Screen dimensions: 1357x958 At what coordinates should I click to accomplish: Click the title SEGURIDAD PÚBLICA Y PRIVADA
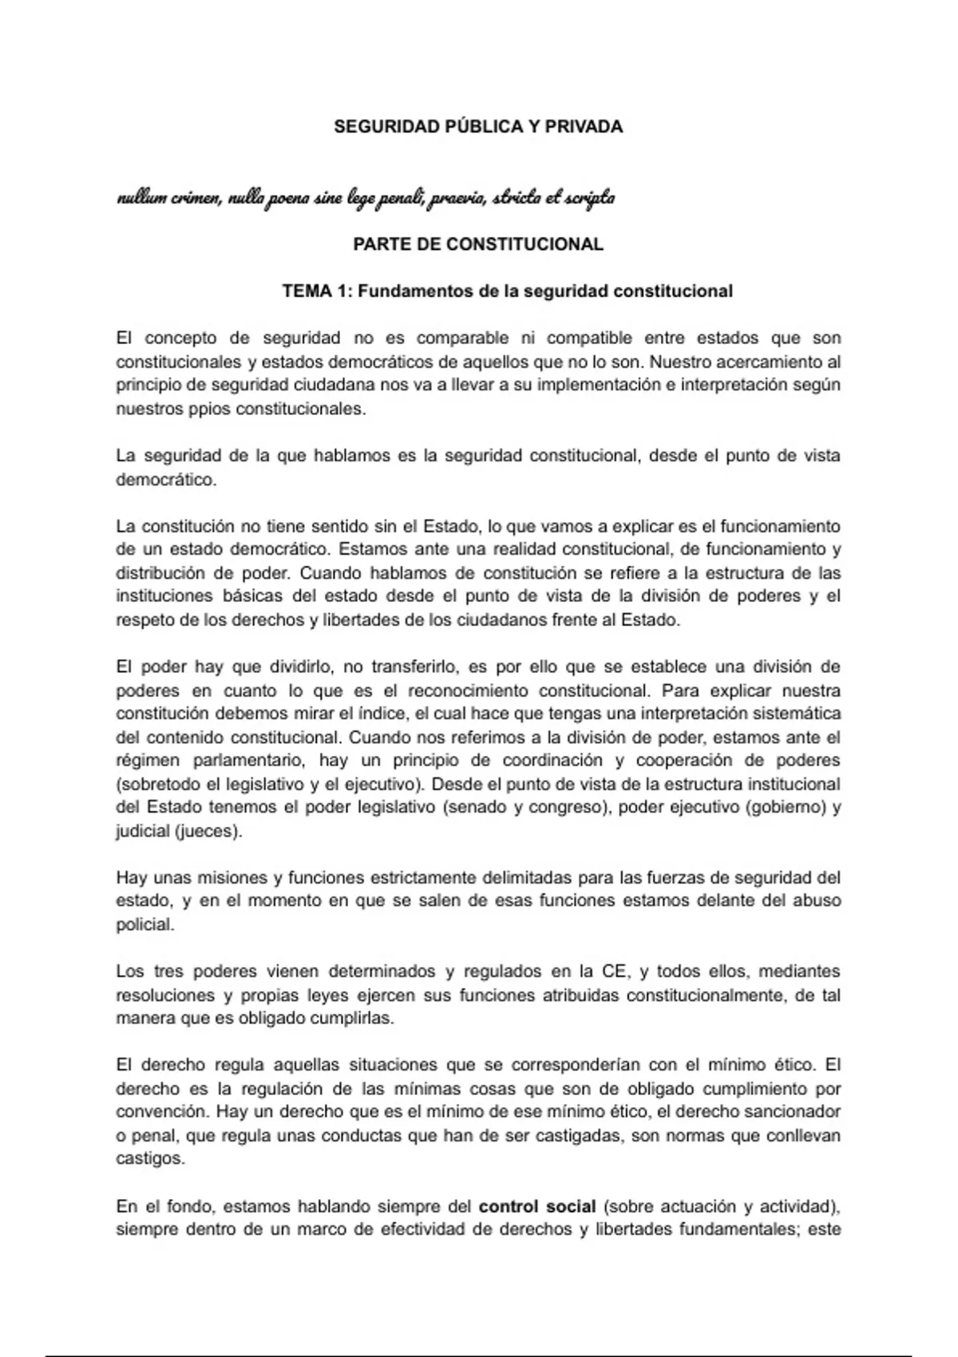click(478, 127)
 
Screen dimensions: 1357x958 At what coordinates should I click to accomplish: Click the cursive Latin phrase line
click(366, 197)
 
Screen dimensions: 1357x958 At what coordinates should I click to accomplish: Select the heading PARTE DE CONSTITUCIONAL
click(478, 244)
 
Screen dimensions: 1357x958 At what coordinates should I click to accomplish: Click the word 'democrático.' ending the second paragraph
click(166, 481)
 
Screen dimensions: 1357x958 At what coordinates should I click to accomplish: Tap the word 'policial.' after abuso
click(144, 925)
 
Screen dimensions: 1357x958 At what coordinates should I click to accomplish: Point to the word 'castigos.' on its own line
click(150, 1159)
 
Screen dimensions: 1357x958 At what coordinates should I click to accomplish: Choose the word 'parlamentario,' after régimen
click(250, 760)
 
